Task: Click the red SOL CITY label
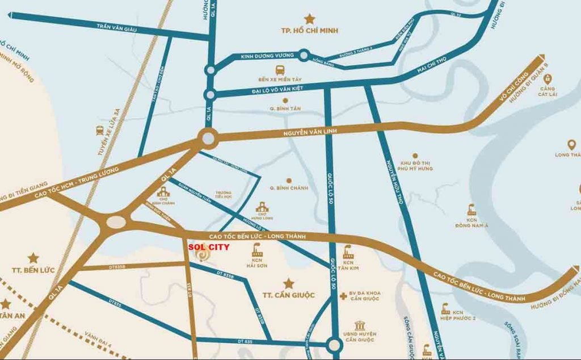209,247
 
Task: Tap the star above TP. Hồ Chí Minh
309,19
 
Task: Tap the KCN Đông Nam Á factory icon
471,210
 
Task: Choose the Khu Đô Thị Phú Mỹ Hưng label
416,165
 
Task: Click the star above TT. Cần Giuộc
288,282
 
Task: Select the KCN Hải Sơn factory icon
255,249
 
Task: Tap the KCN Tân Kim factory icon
348,251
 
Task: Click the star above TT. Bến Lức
33,258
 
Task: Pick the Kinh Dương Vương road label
267,56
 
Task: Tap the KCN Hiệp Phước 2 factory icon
446,309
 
